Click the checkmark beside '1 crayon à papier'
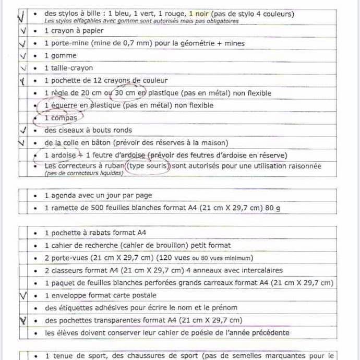[x=22, y=31]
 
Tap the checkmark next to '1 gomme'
[x=22, y=55]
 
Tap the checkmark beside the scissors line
[x=22, y=130]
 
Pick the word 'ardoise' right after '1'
[x=64, y=155]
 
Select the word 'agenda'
[x=64, y=196]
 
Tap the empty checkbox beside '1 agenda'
[x=22, y=196]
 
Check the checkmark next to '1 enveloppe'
[x=22, y=295]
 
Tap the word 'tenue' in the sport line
[x=62, y=356]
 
